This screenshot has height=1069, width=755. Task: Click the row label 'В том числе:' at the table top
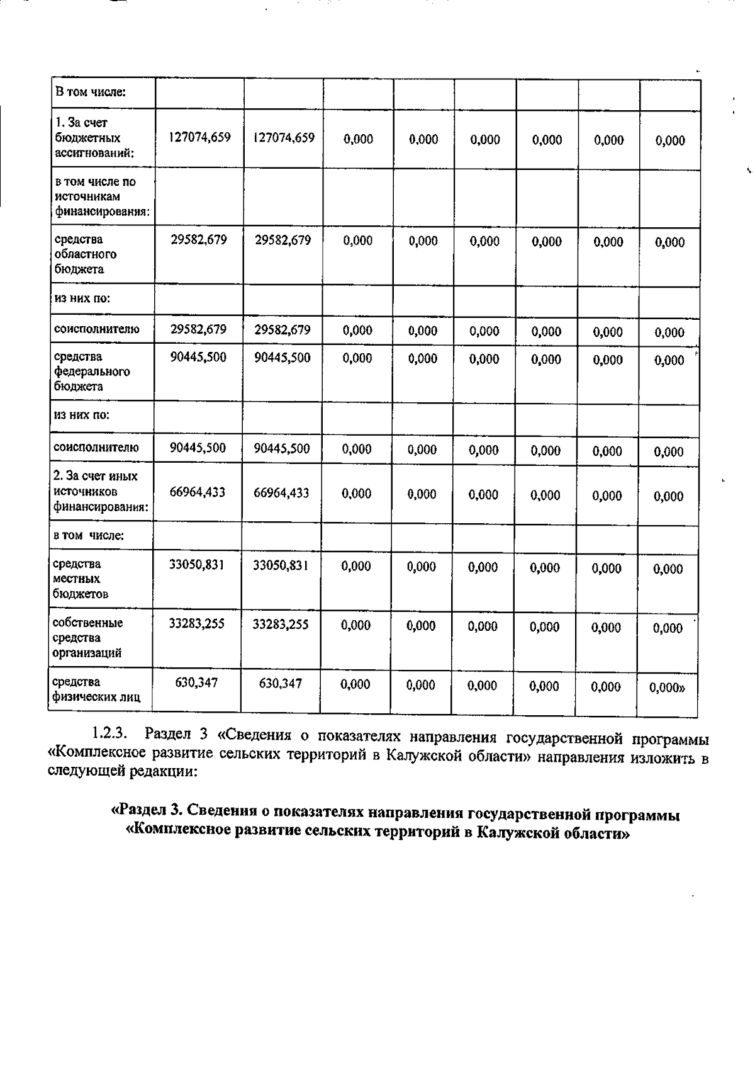click(x=91, y=93)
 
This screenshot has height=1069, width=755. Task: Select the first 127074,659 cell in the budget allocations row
click(x=199, y=137)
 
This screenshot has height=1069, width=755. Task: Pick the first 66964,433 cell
click(x=198, y=492)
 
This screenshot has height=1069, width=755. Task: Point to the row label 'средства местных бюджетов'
click(x=81, y=579)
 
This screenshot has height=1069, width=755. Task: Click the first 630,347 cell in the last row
click(x=196, y=682)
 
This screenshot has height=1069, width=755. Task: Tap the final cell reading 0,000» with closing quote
click(x=667, y=687)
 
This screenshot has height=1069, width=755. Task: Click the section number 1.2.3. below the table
click(x=111, y=733)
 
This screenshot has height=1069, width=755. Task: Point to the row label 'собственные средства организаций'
click(x=88, y=638)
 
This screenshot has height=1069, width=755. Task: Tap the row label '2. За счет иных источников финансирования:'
click(x=96, y=491)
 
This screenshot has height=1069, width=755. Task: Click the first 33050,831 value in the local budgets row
click(x=197, y=565)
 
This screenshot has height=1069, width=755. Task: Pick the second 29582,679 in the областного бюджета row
click(x=282, y=239)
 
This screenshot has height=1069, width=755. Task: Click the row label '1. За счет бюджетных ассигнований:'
click(x=88, y=137)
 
